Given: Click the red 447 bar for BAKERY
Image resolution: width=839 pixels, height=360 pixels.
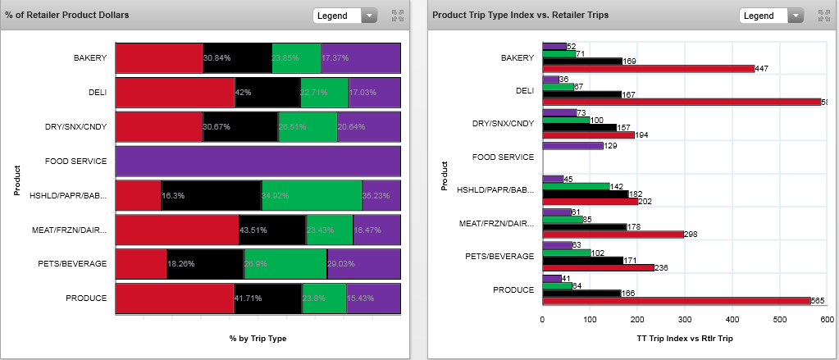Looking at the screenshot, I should click(x=648, y=69).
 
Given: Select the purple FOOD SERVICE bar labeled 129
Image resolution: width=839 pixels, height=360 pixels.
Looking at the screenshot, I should click(x=569, y=146).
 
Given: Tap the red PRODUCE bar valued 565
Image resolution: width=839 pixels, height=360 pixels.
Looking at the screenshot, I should click(x=676, y=301).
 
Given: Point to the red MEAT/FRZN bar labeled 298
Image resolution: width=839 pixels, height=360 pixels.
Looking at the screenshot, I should click(x=613, y=234).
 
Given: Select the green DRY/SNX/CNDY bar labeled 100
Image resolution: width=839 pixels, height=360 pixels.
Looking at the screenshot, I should click(x=565, y=120).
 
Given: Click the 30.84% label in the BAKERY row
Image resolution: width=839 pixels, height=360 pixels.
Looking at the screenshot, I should click(x=217, y=58).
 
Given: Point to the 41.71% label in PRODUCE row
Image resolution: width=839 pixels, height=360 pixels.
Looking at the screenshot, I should click(x=248, y=298).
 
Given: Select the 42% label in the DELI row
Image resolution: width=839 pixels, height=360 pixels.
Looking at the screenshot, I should click(x=243, y=93).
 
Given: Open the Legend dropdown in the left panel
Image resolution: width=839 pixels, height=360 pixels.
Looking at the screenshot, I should click(x=344, y=16).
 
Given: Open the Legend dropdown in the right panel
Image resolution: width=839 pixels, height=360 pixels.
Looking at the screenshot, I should click(x=771, y=16).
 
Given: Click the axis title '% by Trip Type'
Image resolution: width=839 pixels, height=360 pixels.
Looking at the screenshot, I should click(x=258, y=338).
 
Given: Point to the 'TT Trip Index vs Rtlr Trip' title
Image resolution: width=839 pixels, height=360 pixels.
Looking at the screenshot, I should click(x=685, y=338).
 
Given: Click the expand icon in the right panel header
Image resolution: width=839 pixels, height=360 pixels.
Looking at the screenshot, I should click(x=824, y=16).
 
